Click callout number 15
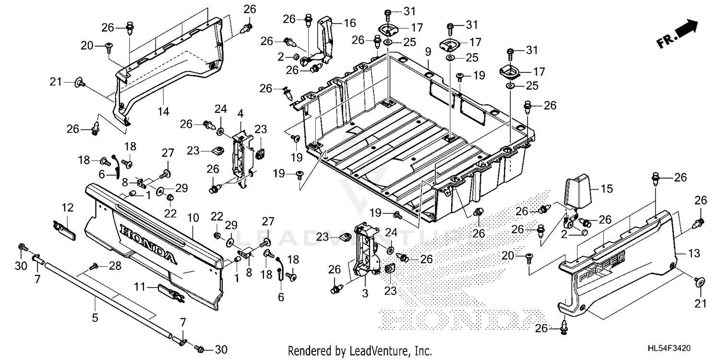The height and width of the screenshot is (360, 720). (607, 189)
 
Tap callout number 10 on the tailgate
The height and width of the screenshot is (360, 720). (193, 218)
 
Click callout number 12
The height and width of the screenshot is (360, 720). (67, 207)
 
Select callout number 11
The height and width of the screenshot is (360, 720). (139, 287)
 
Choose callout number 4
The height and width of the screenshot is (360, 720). (240, 114)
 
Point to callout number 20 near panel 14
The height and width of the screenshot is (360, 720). (87, 46)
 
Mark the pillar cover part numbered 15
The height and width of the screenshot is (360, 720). (576, 192)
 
